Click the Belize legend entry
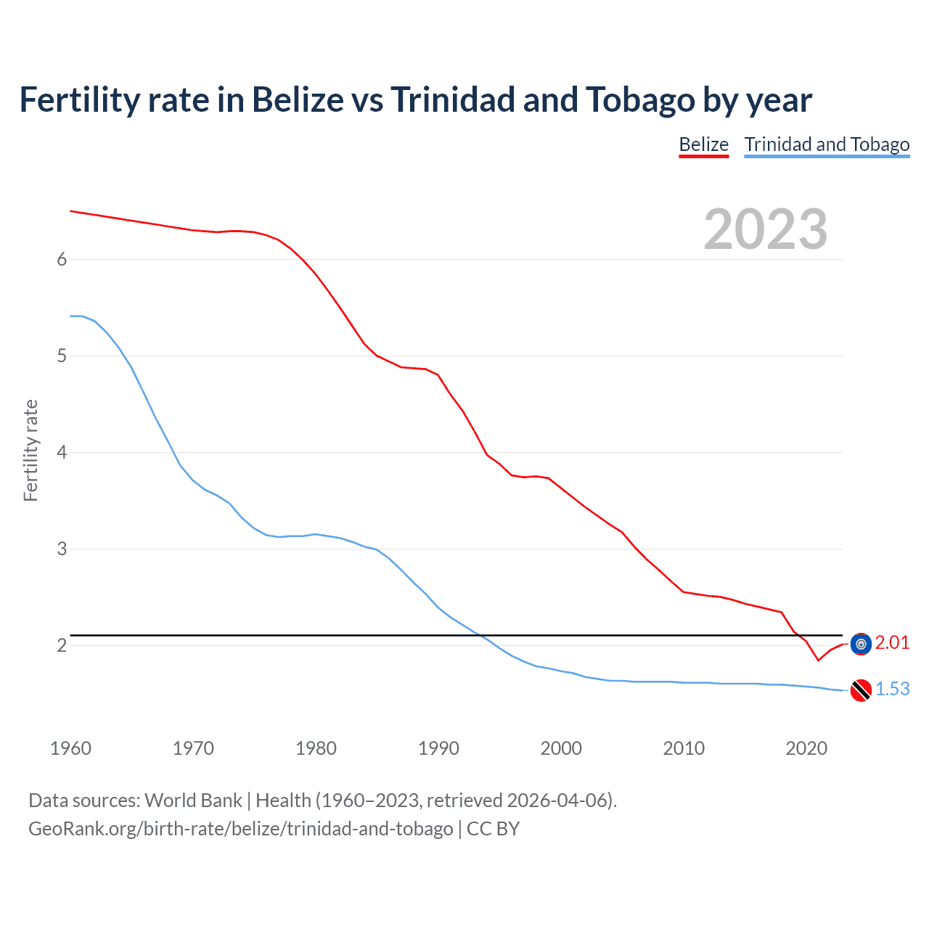pyautogui.click(x=703, y=144)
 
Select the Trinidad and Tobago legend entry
pyautogui.click(x=827, y=144)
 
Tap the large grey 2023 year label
pyautogui.click(x=765, y=229)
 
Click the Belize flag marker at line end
pyautogui.click(x=861, y=644)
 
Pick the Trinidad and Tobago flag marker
pyautogui.click(x=861, y=690)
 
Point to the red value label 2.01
pyautogui.click(x=892, y=642)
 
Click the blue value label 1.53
pyautogui.click(x=892, y=689)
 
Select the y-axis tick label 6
pyautogui.click(x=62, y=260)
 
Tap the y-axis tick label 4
pyautogui.click(x=62, y=453)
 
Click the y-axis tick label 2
pyautogui.click(x=62, y=645)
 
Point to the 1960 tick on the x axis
pyautogui.click(x=70, y=748)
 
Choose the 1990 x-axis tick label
pyautogui.click(x=438, y=748)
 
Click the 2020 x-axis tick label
pyautogui.click(x=806, y=748)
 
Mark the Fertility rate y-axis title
pyautogui.click(x=30, y=450)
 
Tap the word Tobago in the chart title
pyautogui.click(x=640, y=99)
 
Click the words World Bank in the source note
pyautogui.click(x=193, y=801)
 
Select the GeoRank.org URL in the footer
pyautogui.click(x=240, y=829)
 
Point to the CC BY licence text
pyautogui.click(x=493, y=829)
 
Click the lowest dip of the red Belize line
pyautogui.click(x=818, y=660)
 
